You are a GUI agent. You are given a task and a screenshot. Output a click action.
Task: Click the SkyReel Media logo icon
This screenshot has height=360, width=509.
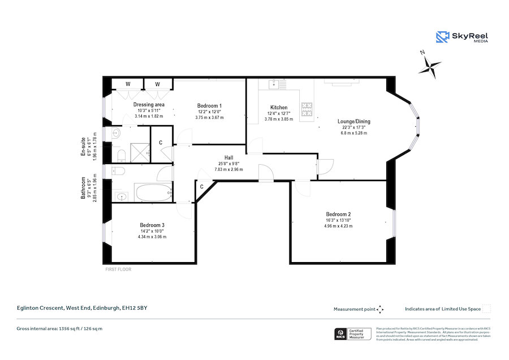coord(442,37)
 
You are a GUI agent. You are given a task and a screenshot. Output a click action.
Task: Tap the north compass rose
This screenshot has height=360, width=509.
coord(430,66)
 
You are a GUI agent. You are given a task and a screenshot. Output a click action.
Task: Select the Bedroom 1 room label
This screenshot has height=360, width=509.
coord(209,106)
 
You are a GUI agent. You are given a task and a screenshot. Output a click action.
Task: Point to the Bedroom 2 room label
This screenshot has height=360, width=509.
coord(338,214)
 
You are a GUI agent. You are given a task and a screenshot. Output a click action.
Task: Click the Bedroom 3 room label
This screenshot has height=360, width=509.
coord(152,225)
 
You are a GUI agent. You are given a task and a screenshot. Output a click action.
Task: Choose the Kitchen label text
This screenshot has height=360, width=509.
coord(278,108)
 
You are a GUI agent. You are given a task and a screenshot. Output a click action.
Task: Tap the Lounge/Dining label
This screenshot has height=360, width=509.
coord(353,121)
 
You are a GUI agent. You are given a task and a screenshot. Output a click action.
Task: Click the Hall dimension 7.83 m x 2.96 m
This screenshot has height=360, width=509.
coord(228,169)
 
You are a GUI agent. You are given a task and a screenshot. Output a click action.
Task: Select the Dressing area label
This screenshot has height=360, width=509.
coord(149,105)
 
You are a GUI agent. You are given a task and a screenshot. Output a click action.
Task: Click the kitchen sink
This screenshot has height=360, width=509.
coord(275,84)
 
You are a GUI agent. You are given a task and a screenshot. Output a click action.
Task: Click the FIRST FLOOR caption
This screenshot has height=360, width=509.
coord(118,269)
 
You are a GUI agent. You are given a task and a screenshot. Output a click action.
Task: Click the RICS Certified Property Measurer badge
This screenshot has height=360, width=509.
coord(352,335)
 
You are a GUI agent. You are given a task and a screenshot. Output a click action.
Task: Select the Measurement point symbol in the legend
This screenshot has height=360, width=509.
coord(380,309)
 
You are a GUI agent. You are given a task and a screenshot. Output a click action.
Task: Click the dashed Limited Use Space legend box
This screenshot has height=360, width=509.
coord(486,308)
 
